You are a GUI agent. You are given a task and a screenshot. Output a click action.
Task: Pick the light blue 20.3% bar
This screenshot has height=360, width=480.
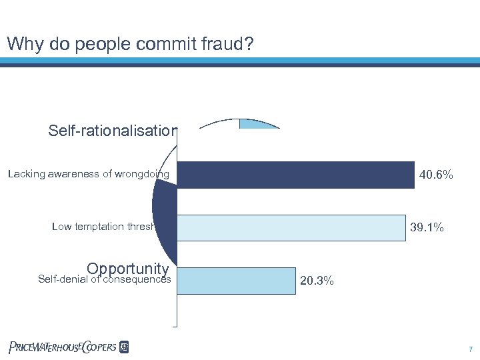point(237,281)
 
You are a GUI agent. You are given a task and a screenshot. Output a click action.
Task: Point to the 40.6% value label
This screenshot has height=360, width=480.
point(437,175)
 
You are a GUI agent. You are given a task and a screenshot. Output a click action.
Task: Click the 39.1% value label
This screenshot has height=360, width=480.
point(427,228)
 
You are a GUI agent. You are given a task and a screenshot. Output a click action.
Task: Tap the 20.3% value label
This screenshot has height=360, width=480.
point(317,281)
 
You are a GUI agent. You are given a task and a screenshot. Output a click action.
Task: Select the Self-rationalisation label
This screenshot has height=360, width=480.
point(112,131)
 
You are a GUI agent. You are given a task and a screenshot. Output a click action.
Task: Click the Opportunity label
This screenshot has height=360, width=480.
point(127,269)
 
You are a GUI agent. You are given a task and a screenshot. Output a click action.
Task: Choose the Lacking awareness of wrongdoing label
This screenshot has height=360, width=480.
point(89,175)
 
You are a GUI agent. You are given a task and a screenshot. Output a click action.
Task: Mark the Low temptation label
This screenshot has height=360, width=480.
point(104,227)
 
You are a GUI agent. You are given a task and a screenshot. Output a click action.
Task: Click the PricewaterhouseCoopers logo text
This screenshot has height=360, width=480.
point(63,347)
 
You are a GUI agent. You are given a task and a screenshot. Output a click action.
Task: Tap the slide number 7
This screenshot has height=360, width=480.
point(471,349)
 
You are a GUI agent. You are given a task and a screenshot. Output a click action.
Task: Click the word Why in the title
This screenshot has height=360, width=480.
point(21,45)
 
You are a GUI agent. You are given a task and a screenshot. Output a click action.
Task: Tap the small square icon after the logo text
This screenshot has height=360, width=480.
point(124,347)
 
